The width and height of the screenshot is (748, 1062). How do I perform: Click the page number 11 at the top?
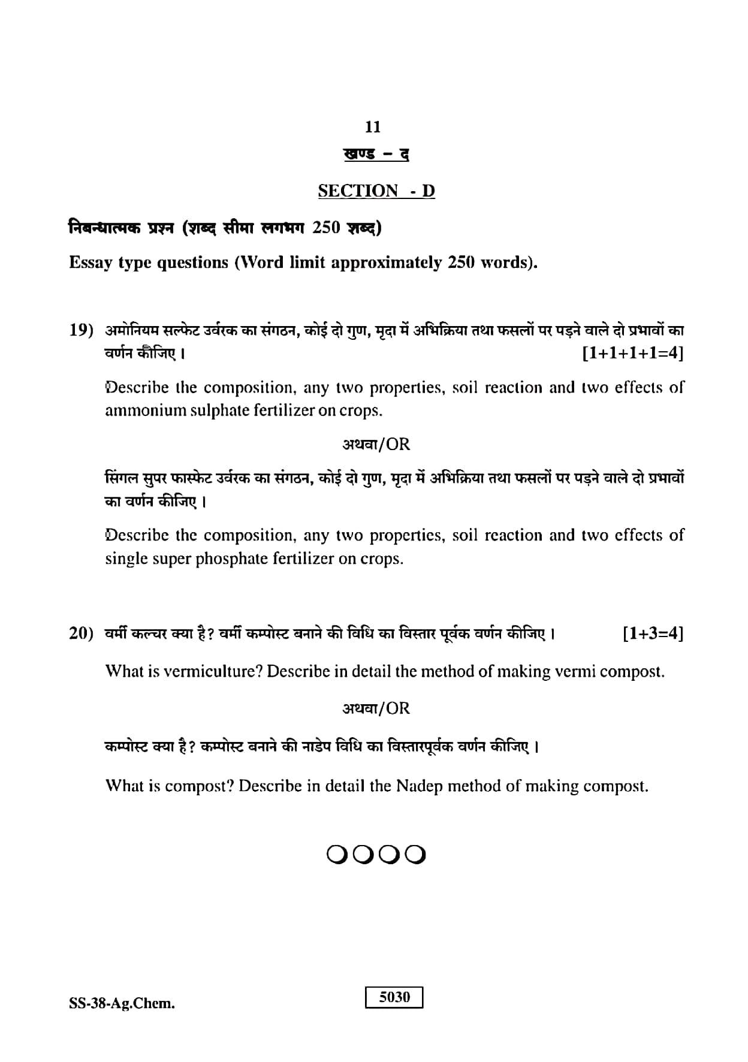click(373, 127)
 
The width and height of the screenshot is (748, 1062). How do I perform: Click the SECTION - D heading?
click(376, 191)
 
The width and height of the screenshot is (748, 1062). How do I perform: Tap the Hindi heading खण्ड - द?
click(376, 154)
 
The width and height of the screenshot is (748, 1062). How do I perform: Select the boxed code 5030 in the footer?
click(394, 997)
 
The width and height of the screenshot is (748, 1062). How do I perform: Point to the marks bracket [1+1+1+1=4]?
click(633, 353)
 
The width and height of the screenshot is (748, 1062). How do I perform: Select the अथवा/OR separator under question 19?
click(376, 445)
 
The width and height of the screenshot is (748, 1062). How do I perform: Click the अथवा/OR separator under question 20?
click(376, 709)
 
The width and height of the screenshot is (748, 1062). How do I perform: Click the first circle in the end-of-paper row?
click(337, 854)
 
